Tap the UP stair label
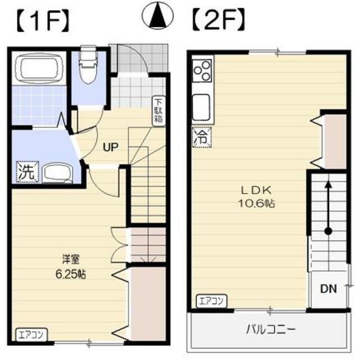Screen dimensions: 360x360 tap(110, 148)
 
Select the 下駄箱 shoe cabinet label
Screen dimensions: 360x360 tap(160, 111)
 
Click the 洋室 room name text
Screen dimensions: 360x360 tap(71, 260)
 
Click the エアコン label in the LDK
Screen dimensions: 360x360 tap(211, 301)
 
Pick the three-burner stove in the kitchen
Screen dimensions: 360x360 tap(202, 71)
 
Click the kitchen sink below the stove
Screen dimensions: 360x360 tap(201, 104)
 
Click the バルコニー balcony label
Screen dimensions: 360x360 tap(271, 329)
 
